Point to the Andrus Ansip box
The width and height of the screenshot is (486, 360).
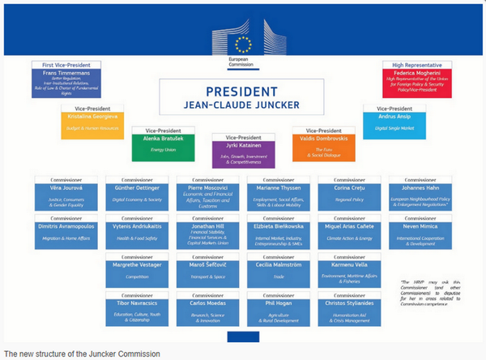[394, 123]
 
